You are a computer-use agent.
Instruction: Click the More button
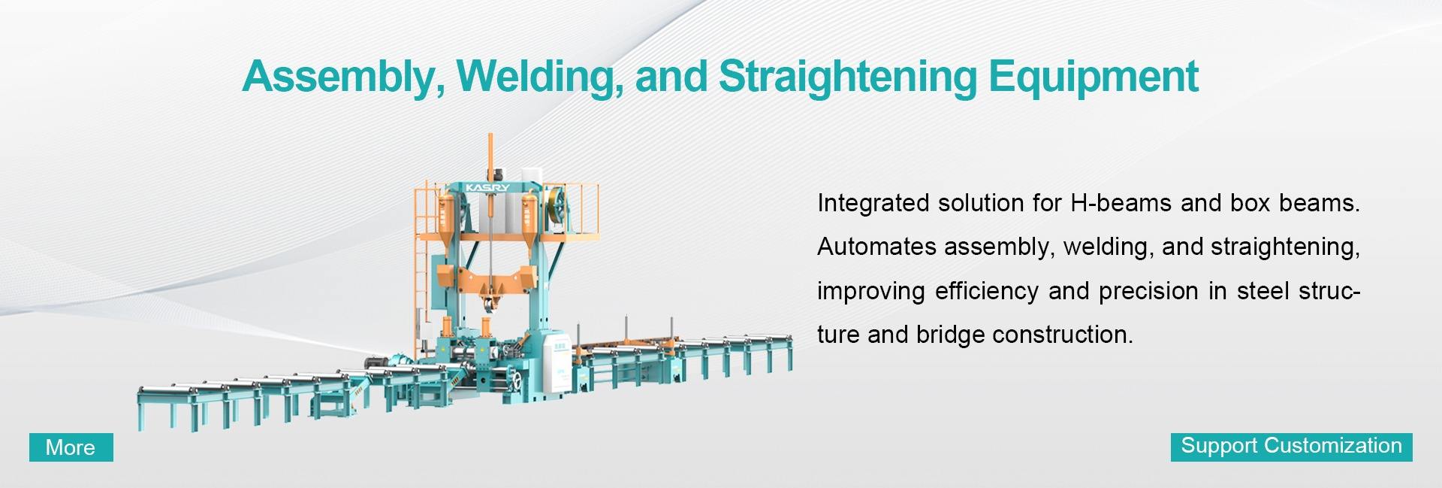coord(71,447)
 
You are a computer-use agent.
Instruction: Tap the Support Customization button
coord(1291,447)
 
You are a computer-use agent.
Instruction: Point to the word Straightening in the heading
coord(847,77)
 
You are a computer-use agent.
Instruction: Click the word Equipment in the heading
coord(1094,77)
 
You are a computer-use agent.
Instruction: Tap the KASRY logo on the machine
coord(487,187)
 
